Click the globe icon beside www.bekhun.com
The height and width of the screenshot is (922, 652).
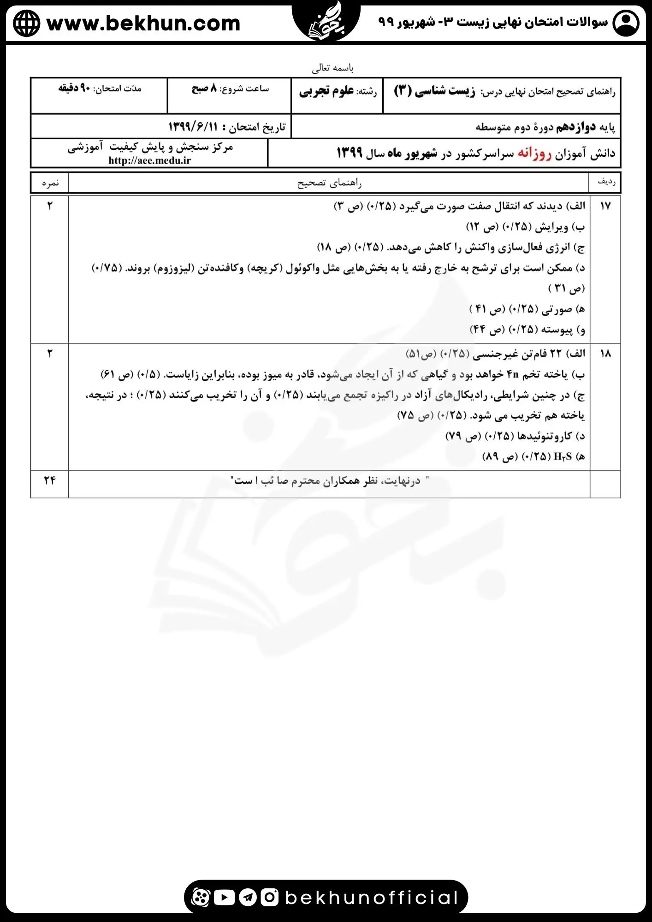(26, 23)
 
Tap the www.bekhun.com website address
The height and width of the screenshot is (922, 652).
(143, 23)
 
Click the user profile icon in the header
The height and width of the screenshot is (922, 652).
(626, 23)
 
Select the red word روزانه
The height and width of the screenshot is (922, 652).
(534, 153)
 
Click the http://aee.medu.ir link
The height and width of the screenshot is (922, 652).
(150, 160)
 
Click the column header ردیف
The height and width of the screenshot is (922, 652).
(606, 182)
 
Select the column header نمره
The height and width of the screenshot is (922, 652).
(50, 183)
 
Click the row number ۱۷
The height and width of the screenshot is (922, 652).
(605, 206)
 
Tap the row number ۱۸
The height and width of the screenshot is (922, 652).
(605, 354)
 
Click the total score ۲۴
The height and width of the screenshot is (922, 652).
(50, 480)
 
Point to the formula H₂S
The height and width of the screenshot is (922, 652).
(563, 456)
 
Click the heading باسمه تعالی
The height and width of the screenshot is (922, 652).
(332, 68)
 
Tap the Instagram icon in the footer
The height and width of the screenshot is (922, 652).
(269, 897)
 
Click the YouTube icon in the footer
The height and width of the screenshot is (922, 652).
(225, 897)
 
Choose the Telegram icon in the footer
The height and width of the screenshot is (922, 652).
(248, 897)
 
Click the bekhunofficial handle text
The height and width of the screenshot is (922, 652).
(372, 898)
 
